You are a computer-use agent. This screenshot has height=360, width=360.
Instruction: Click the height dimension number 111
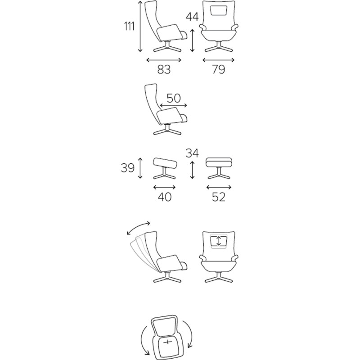129,26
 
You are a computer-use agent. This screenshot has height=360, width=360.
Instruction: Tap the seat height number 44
192,17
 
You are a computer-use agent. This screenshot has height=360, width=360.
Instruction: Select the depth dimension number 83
164,69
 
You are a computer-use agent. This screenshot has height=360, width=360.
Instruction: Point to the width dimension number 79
219,69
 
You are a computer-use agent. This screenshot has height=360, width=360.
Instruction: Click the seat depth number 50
174,98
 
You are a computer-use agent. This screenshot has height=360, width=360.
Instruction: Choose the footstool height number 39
128,168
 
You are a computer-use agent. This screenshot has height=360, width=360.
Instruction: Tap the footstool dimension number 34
192,153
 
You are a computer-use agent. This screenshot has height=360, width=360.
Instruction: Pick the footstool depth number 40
165,197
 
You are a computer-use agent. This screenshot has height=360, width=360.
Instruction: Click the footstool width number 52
219,197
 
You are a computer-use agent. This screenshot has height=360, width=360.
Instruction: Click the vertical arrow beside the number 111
140,26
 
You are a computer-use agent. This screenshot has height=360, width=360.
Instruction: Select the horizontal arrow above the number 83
164,60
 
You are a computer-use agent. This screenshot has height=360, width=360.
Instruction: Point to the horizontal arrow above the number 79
219,60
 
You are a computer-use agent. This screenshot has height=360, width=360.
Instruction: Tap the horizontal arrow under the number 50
174,106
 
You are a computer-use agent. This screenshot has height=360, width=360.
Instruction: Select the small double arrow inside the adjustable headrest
219,241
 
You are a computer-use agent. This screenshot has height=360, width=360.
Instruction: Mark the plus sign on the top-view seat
168,342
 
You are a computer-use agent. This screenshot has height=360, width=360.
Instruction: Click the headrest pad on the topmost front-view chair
219,11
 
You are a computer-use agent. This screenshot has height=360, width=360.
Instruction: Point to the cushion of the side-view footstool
165,162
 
